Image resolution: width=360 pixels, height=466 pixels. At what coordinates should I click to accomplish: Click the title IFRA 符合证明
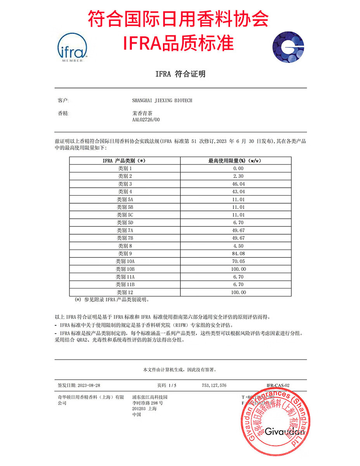(180, 74)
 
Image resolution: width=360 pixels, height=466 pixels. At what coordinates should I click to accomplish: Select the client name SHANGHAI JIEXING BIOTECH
(162, 101)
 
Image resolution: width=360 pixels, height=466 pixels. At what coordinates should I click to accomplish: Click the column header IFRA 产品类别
(124, 160)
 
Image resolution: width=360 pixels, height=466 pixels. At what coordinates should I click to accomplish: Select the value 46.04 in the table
(238, 184)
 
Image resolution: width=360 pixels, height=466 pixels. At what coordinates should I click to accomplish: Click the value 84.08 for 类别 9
(238, 254)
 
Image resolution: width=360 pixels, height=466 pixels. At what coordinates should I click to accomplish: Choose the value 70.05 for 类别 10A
(238, 261)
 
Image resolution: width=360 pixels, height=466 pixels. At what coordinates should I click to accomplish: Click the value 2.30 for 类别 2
(238, 176)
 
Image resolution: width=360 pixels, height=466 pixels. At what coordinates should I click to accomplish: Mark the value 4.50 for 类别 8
(238, 246)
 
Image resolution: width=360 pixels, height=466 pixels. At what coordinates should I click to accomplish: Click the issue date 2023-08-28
(89, 386)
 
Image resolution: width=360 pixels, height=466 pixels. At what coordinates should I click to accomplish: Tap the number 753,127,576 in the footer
(214, 386)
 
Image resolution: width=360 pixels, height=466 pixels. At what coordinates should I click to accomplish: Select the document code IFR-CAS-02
(278, 386)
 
